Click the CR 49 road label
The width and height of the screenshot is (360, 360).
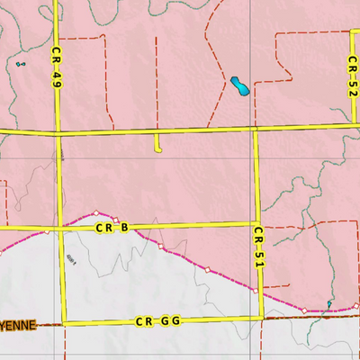click(x=56, y=67)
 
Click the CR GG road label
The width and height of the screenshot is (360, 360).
click(x=158, y=321)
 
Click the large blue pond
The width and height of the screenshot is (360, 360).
click(x=239, y=86)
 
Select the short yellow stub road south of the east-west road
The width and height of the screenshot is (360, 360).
click(x=157, y=144)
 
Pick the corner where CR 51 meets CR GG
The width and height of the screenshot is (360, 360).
click(x=262, y=318)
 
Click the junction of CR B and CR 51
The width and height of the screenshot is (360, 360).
click(x=257, y=224)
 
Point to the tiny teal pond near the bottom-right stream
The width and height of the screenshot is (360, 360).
click(x=330, y=305)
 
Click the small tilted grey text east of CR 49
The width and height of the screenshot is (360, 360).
click(x=72, y=260)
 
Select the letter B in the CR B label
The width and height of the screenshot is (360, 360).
click(x=124, y=229)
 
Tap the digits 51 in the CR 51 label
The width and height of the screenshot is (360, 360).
click(x=258, y=256)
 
